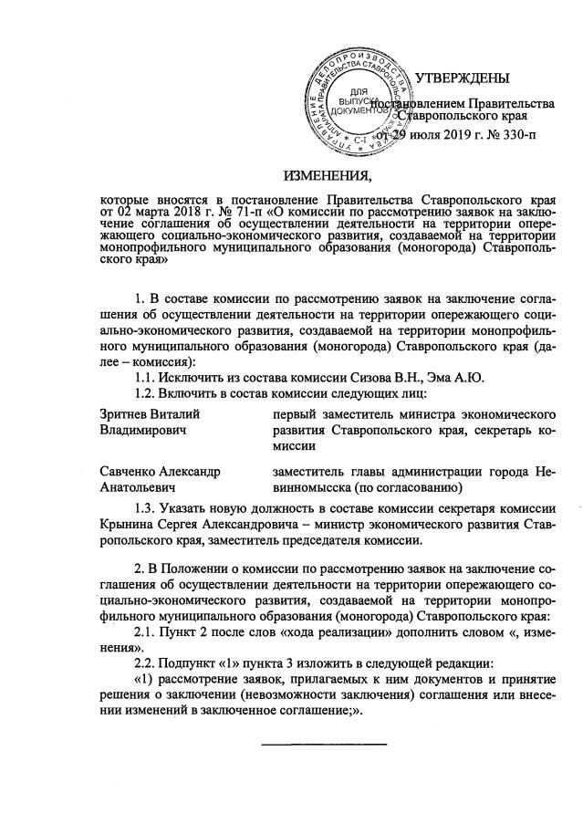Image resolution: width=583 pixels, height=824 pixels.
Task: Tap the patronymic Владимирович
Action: pyautogui.click(x=142, y=430)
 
